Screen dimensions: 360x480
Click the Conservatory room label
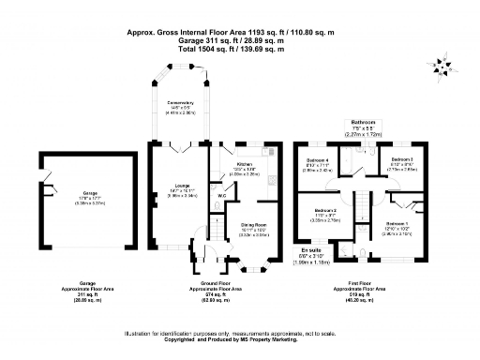pos(181,102)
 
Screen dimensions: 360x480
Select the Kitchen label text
pos(246,164)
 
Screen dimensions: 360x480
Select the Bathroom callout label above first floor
pos(363,123)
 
